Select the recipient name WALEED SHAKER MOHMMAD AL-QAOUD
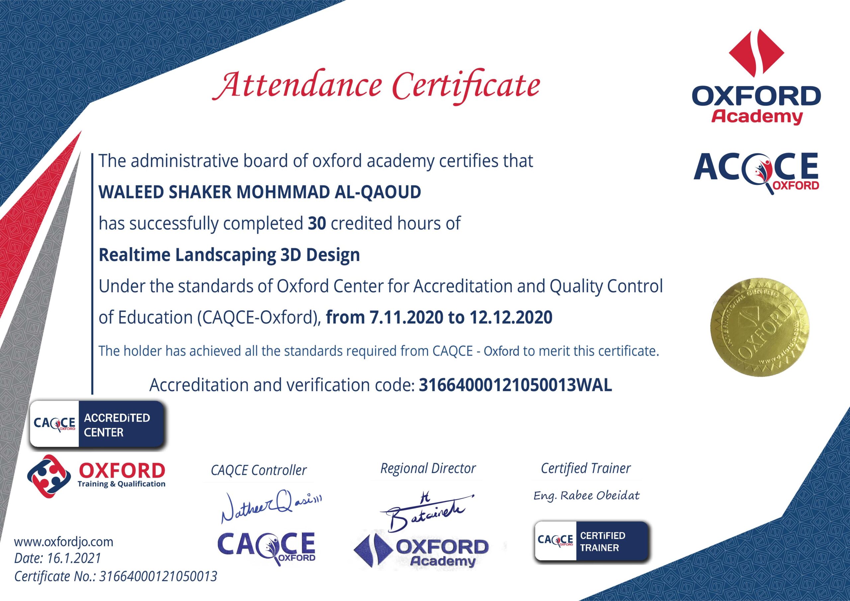coord(260,192)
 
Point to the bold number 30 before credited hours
coord(317,223)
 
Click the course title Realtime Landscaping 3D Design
coord(229,255)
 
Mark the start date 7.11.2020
coord(406,317)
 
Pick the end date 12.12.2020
coord(511,317)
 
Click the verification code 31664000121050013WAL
coord(515,385)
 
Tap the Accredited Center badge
coord(97,425)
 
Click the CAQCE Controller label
coord(258,470)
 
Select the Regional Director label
coord(428,469)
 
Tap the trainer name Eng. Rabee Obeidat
coord(586,495)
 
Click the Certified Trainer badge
coord(592,541)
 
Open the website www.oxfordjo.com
coord(63,542)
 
